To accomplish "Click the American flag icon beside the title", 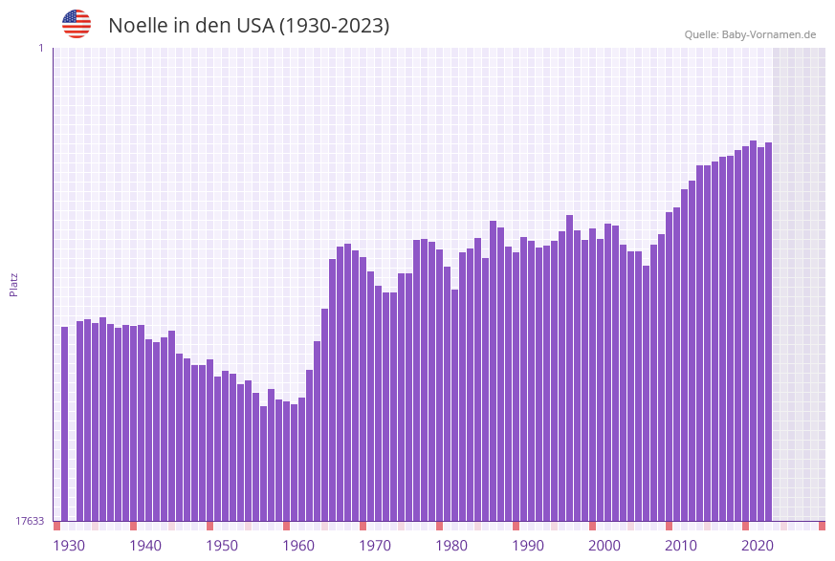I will click(x=77, y=24).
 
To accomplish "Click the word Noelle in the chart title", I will click(x=138, y=26).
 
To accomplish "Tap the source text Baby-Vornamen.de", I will click(x=769, y=34).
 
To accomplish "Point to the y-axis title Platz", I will click(x=13, y=284).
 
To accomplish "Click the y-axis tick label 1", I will click(x=40, y=48).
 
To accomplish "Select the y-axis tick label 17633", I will click(x=30, y=521).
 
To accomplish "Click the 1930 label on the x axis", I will click(x=69, y=546).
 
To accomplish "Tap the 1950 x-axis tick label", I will click(x=222, y=546).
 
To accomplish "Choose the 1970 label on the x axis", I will click(x=375, y=546).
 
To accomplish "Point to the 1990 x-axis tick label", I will click(x=528, y=546).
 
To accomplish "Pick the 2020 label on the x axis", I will click(x=758, y=546).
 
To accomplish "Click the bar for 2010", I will click(x=676, y=363).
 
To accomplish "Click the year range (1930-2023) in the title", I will click(x=334, y=26).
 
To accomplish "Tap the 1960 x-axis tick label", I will click(x=298, y=546).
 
